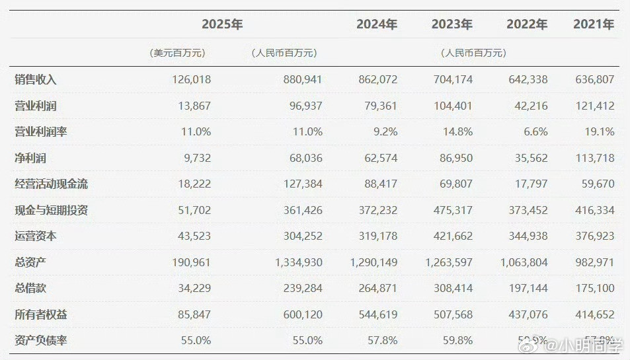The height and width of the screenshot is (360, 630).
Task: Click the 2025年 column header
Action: pyautogui.click(x=223, y=24)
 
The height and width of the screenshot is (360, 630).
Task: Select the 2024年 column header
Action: pyautogui.click(x=377, y=24)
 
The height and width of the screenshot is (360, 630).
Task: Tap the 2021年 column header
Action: pyautogui.click(x=593, y=24)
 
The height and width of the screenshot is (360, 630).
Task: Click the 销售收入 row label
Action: pyautogui.click(x=36, y=79)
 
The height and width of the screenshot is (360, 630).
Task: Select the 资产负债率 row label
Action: pyautogui.click(x=41, y=341)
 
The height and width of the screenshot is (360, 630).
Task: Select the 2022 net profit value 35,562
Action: pyautogui.click(x=528, y=158)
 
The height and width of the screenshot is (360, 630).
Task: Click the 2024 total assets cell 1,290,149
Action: pyautogui.click(x=374, y=262)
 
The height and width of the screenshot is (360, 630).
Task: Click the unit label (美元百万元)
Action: pyautogui.click(x=177, y=53)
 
